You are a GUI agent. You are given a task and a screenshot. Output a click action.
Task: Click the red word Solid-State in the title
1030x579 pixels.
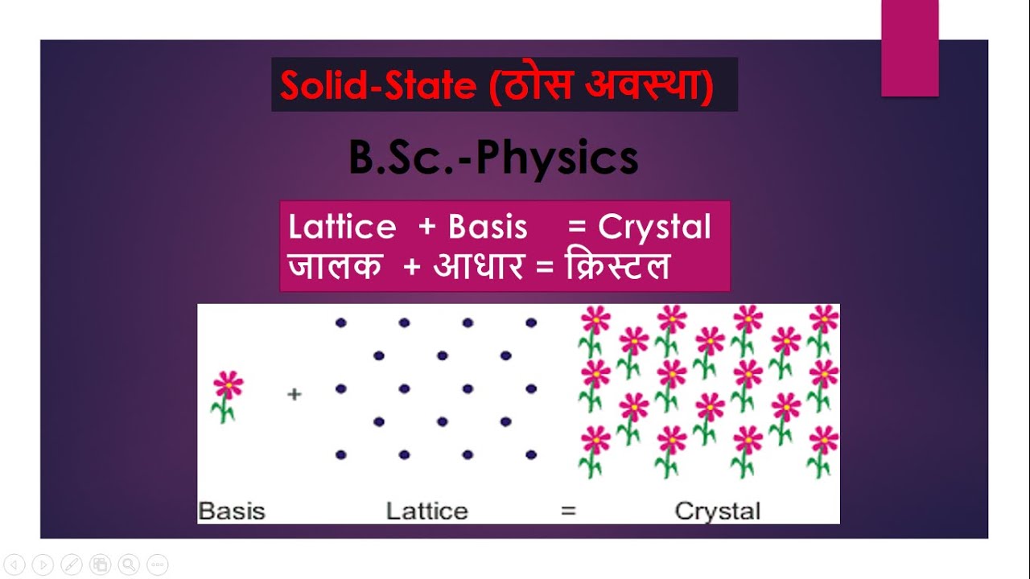coord(377,86)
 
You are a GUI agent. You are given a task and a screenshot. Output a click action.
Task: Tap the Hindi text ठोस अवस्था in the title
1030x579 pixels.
coord(600,86)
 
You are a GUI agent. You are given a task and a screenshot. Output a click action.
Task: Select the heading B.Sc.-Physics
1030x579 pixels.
coord(493,158)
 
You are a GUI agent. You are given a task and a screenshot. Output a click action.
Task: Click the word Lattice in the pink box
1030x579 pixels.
coord(342,228)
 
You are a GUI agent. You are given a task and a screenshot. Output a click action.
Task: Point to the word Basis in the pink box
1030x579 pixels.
coord(488,228)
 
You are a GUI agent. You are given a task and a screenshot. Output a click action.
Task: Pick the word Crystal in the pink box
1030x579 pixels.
coord(654,228)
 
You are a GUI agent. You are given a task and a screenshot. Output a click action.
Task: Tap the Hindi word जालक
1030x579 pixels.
coord(335,266)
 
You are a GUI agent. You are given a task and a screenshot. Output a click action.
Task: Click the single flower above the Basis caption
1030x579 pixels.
coord(228,395)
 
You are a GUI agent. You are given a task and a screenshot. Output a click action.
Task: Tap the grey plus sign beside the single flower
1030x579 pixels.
coord(294,395)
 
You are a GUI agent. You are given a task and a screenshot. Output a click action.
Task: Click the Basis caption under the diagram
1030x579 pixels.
coord(232,511)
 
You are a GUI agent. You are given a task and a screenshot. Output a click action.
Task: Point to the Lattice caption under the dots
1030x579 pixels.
coord(426,511)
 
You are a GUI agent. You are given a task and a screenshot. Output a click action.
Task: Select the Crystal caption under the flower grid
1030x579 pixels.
coord(717,511)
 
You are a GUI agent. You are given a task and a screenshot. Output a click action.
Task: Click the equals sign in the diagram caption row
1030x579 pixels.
coord(568,511)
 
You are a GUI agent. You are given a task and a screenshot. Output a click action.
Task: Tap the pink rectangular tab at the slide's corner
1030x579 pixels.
coord(910,48)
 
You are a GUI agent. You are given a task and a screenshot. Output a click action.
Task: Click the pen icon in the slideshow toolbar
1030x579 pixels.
coord(71,565)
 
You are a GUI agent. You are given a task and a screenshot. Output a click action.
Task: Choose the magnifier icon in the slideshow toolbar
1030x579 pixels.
coord(129,565)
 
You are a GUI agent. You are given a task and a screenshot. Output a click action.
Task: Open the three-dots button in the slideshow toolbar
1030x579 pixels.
coord(158,565)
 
